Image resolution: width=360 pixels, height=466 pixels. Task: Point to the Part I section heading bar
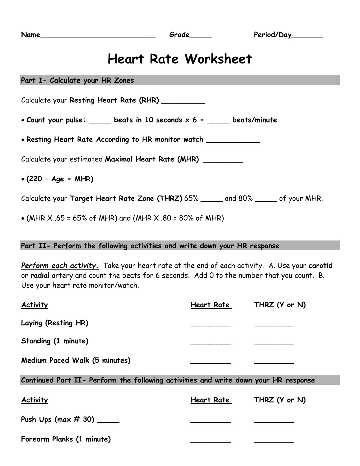point(180,80)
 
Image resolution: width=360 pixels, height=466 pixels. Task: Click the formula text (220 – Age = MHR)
point(60,179)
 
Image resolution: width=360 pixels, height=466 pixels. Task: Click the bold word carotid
point(320,266)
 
